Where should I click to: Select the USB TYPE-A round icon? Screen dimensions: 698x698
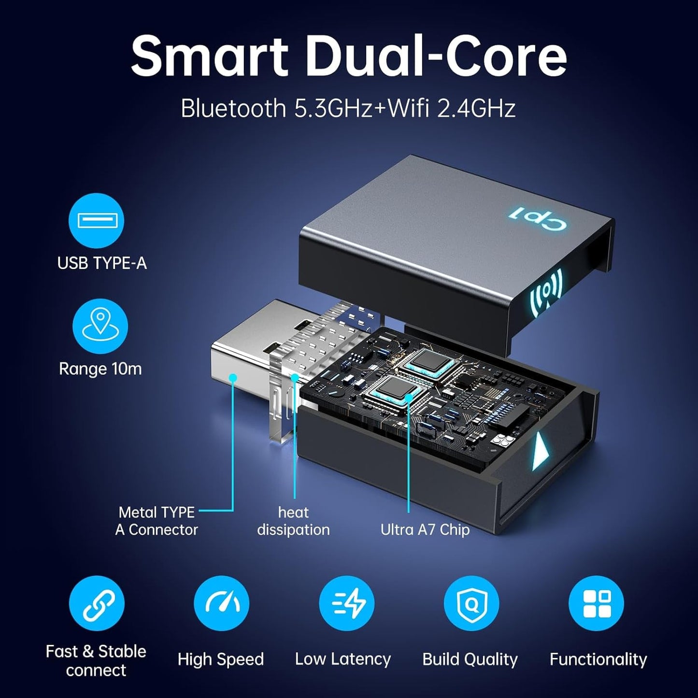97,221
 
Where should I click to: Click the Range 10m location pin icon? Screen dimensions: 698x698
100,327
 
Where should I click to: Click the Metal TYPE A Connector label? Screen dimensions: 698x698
157,521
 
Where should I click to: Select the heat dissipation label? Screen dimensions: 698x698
293,521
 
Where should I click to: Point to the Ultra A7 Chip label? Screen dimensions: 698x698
425,530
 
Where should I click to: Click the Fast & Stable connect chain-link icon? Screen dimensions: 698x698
97,604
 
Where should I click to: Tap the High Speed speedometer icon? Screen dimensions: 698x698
221,604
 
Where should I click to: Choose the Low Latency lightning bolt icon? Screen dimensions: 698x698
346,604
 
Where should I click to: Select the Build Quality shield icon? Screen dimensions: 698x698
471,604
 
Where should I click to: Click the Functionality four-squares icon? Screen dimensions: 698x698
596,604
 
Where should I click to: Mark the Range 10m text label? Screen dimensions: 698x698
100,369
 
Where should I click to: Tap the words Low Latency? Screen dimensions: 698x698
343,659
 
